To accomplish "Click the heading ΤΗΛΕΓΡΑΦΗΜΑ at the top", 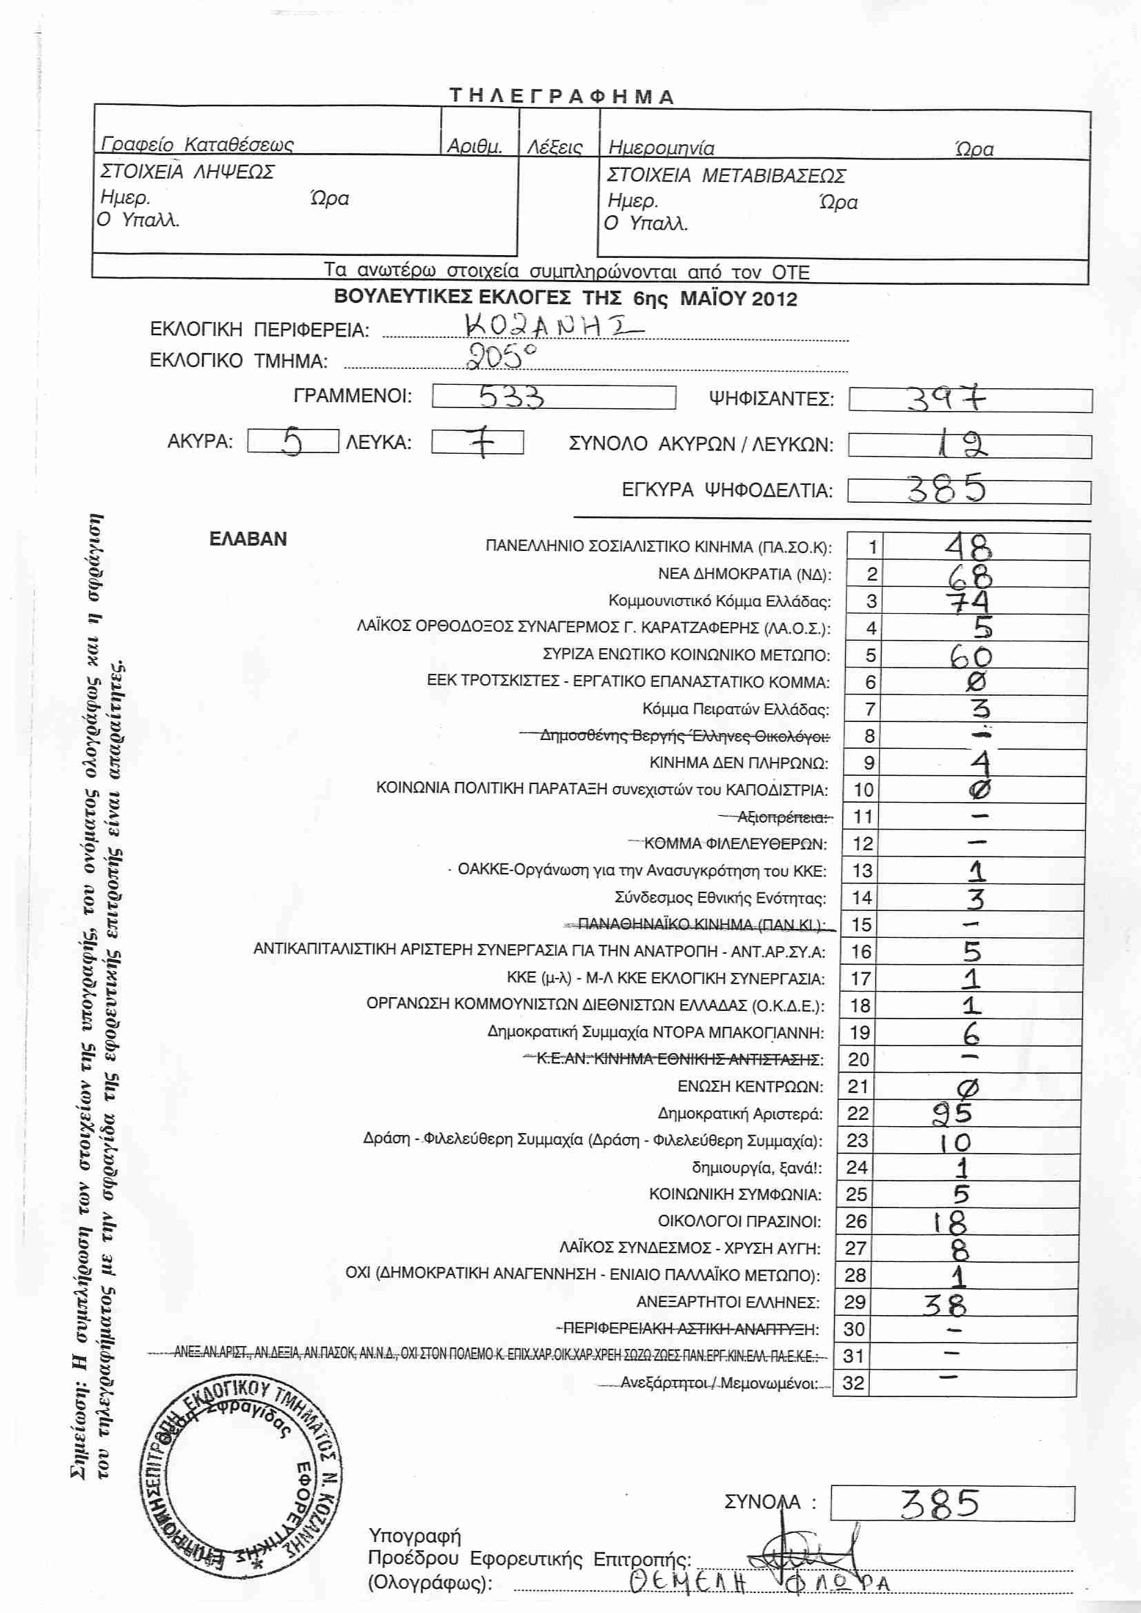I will (562, 97).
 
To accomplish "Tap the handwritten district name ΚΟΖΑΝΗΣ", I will (553, 325).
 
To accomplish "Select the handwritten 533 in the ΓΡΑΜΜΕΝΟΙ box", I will (510, 397).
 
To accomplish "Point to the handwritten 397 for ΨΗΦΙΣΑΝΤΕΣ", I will (946, 399).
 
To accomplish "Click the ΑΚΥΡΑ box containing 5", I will (293, 442).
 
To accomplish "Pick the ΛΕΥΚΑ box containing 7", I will (478, 443).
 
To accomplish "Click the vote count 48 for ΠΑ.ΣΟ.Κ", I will (967, 546).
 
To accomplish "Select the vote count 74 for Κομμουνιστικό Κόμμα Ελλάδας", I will (967, 601).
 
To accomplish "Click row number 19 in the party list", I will (860, 1033).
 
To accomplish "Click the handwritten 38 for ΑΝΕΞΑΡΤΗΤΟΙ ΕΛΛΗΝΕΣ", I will (945, 1305).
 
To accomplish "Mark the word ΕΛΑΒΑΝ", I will (248, 539).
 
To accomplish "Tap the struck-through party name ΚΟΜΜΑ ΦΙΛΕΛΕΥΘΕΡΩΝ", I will (735, 843).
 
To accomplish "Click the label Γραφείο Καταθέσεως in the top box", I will (197, 145).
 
